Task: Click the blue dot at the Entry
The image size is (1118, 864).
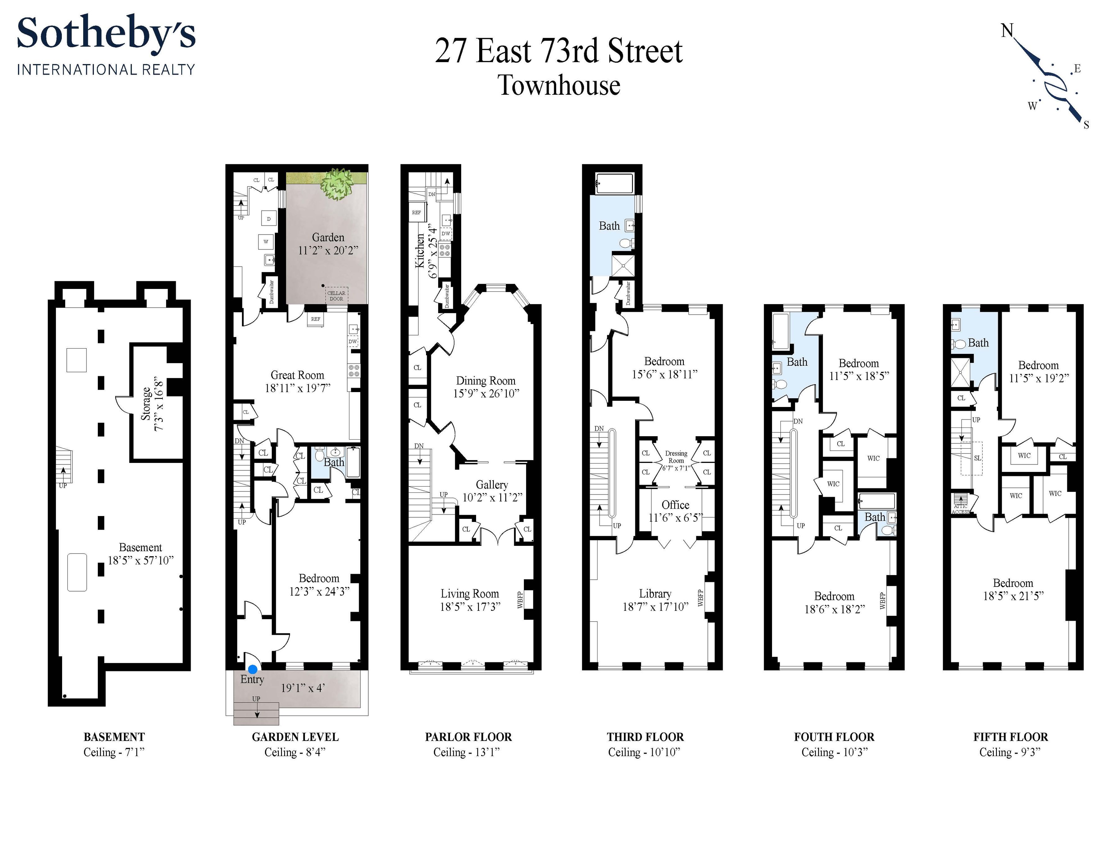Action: pos(252,669)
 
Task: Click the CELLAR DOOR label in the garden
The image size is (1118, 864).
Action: pos(336,295)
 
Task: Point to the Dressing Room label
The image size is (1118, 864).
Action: pos(676,457)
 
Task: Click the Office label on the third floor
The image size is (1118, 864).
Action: pos(675,505)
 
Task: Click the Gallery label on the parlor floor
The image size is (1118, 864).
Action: pos(492,484)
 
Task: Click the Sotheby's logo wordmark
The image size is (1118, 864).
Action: pos(106,34)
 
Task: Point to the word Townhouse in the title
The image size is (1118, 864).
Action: pos(559,85)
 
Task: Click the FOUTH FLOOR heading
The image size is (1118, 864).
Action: pos(834,737)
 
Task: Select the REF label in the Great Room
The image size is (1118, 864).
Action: pos(316,319)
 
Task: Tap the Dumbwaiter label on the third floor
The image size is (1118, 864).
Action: pos(628,294)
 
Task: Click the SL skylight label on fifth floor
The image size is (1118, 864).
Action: pos(977,458)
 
